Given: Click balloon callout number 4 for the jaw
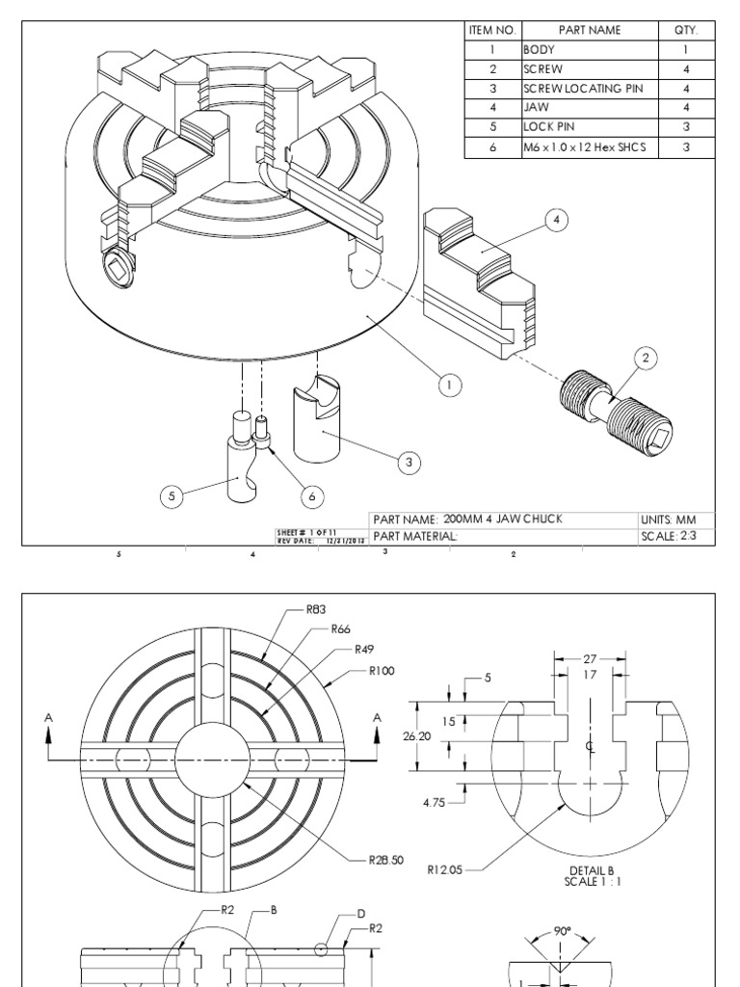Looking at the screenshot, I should (556, 220).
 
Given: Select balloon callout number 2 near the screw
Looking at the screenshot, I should (646, 359).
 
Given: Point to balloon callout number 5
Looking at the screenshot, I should (172, 496).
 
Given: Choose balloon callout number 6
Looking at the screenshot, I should (311, 496).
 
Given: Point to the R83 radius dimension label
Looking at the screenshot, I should (317, 609).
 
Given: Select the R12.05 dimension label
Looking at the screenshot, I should (445, 868).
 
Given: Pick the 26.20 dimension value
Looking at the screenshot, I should (415, 735).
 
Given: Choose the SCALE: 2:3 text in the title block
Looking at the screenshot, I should (675, 536).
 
